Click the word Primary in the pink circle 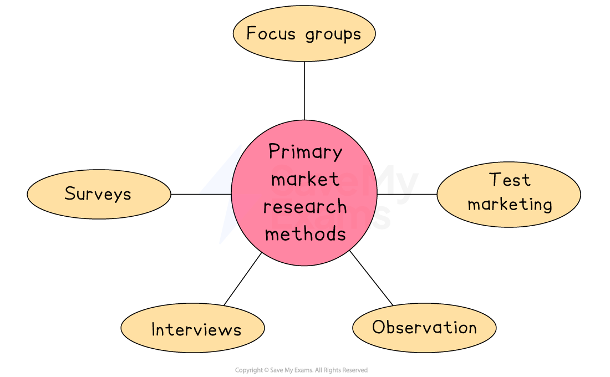pos(305,152)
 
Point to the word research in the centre pos(305,207)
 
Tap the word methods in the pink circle pos(305,233)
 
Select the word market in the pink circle pos(305,180)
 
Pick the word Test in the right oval pos(510,180)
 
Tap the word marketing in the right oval pos(510,205)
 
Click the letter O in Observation pos(378,327)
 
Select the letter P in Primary pos(273,151)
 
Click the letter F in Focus pos(251,33)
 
